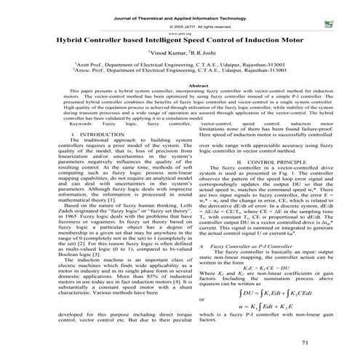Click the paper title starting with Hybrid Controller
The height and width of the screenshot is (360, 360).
tap(180, 44)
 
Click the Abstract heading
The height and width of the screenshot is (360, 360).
tap(180, 105)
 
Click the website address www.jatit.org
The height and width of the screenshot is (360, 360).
tap(180, 33)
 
